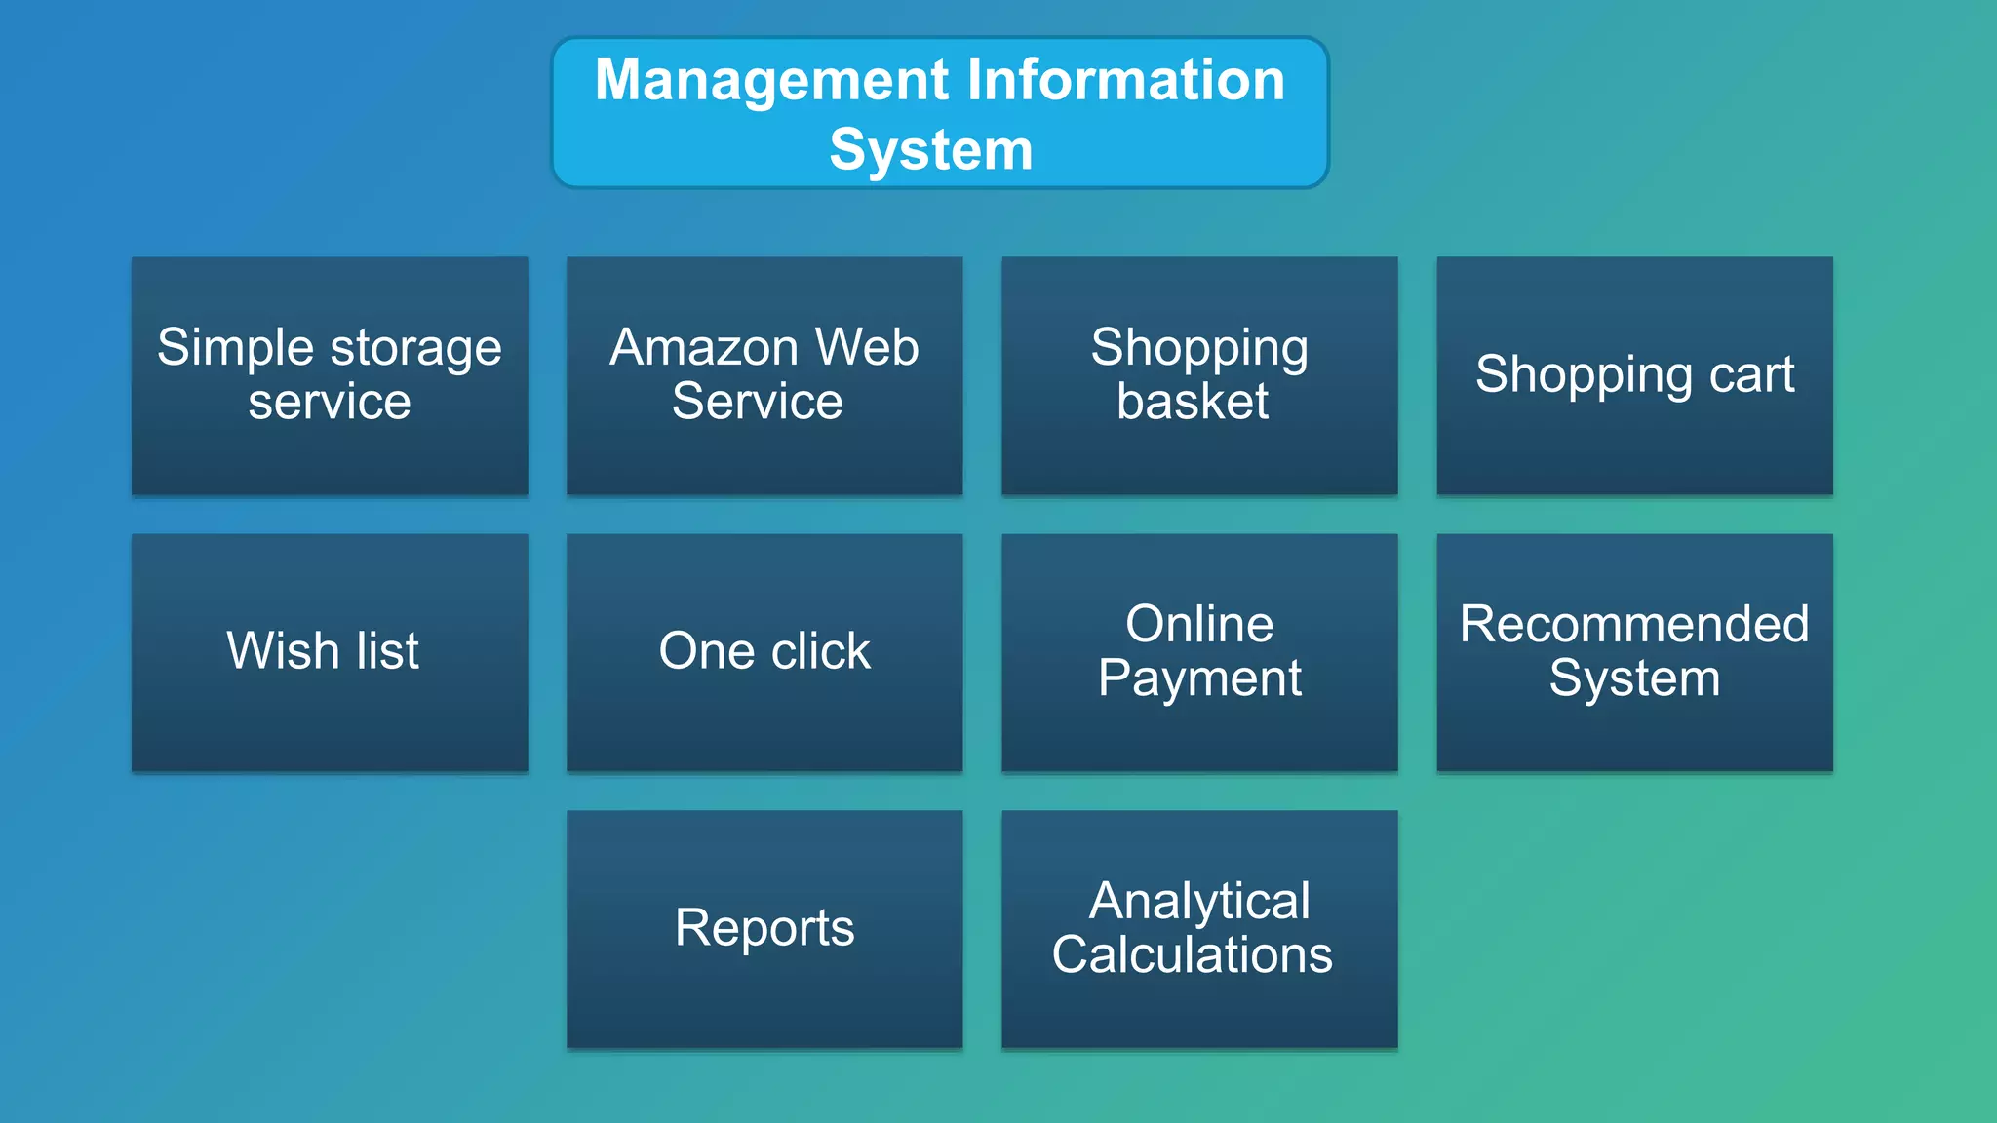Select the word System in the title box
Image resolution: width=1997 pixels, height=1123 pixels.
[931, 150]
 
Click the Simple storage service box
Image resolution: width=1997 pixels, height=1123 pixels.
[330, 375]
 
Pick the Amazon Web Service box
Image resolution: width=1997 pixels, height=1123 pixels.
[764, 375]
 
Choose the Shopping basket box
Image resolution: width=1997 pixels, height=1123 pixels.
[1199, 375]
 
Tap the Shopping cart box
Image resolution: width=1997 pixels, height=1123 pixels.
[1634, 375]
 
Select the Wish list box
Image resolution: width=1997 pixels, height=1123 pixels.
[330, 652]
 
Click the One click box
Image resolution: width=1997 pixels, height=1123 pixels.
[764, 652]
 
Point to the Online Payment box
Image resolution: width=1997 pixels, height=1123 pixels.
[1199, 652]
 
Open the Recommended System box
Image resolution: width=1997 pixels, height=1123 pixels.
[1634, 652]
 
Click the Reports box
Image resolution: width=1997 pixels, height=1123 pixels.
[764, 929]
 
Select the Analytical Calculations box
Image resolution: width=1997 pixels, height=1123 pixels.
[1199, 929]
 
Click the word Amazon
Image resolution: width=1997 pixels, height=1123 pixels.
[704, 348]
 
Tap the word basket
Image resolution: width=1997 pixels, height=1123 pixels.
[1193, 402]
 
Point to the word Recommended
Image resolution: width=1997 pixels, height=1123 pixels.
[1634, 624]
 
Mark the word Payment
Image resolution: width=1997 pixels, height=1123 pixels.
[1199, 678]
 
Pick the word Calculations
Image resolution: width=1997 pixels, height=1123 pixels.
[1192, 954]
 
